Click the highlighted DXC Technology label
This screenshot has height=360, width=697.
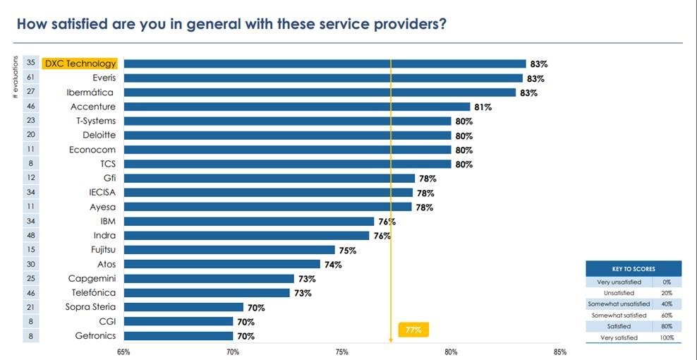pos(79,64)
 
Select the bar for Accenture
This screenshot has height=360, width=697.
pos(296,107)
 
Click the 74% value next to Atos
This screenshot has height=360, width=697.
pos(333,265)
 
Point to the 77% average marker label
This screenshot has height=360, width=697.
pos(413,330)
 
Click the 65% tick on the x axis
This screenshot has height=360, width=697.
pos(123,351)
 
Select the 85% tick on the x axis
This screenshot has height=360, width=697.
pos(560,351)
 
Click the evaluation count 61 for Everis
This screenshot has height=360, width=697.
pos(31,78)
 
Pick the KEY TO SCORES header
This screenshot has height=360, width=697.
pos(634,270)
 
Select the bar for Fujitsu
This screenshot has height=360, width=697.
pos(229,250)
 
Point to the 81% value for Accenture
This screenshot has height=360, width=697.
pos(483,107)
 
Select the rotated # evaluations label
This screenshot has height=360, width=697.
pos(15,78)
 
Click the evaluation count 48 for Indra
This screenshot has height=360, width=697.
pos(31,235)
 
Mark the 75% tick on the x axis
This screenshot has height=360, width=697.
pos(341,351)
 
